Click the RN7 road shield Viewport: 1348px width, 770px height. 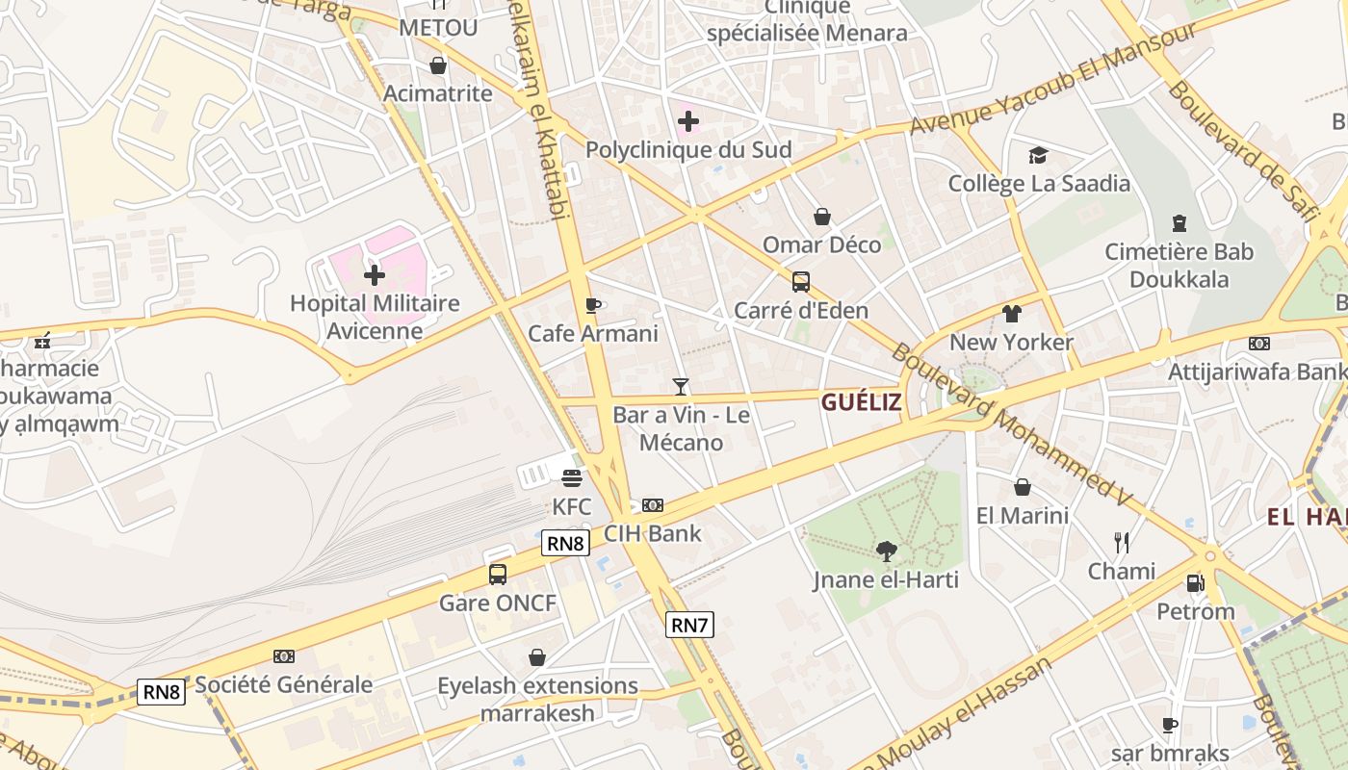click(689, 625)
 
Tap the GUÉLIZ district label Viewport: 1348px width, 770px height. click(862, 402)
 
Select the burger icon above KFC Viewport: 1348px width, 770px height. click(572, 477)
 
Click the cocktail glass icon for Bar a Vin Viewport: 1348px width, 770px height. click(681, 387)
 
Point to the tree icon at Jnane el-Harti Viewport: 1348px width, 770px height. click(886, 552)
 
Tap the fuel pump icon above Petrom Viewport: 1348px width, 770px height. click(1195, 582)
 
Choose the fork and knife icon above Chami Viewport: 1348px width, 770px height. click(1122, 543)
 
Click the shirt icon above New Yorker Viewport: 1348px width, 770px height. click(1011, 314)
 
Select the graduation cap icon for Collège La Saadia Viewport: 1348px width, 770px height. click(1038, 155)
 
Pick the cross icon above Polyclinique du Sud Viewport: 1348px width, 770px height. click(688, 121)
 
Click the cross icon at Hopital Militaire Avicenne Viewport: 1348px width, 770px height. click(375, 275)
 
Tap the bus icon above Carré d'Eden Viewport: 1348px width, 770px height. click(801, 282)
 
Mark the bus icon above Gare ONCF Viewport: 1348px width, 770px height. click(498, 575)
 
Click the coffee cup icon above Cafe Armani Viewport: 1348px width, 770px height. click(593, 306)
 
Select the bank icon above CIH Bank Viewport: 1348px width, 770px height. click(653, 504)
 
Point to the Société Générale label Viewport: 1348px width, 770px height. click(284, 684)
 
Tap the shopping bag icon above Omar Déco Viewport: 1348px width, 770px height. click(822, 217)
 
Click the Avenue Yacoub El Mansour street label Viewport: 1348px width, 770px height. click(1053, 79)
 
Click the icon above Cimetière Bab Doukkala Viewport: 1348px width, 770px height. click(1179, 223)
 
